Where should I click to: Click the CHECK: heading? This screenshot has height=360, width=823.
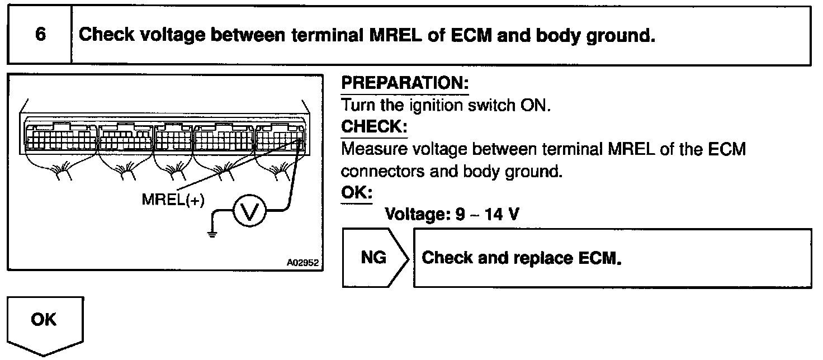pos(374,127)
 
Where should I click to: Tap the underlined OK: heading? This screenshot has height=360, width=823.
pos(357,192)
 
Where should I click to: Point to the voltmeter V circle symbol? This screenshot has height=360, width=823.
pos(247,211)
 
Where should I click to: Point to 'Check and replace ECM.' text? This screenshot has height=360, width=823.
pos(522,258)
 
